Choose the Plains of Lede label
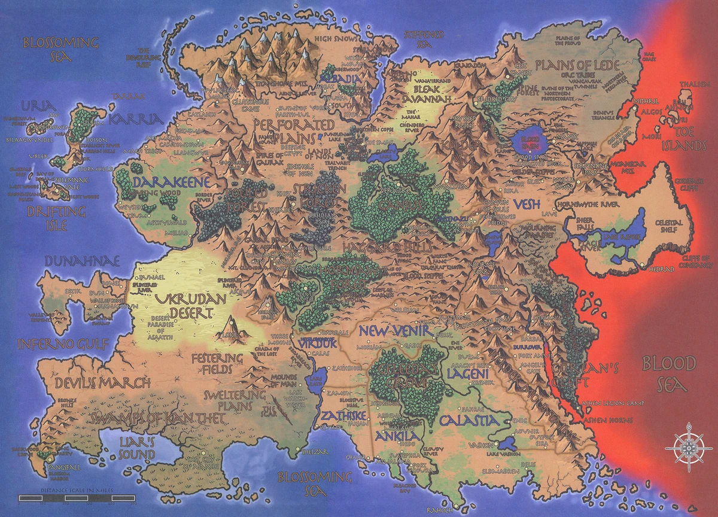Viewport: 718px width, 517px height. [571, 65]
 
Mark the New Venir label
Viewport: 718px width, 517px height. [392, 330]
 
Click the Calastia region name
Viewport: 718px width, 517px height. [468, 421]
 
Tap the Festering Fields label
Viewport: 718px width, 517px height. [217, 364]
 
